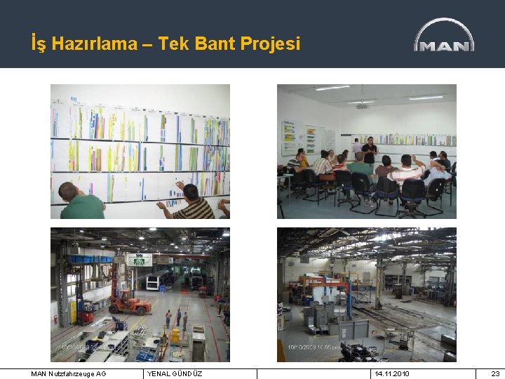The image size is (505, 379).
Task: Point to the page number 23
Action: coord(495,374)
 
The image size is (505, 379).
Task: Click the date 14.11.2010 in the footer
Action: coord(393,374)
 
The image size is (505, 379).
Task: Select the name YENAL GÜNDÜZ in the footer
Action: coord(175,374)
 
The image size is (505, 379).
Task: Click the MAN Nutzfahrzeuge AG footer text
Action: coord(69,374)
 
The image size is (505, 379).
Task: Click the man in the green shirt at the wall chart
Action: coord(79,203)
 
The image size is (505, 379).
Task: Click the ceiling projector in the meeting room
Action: coord(363,105)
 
